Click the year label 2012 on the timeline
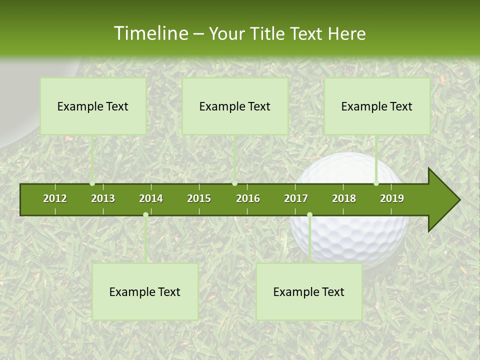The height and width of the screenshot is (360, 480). tap(55, 198)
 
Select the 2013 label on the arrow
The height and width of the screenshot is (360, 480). tap(103, 198)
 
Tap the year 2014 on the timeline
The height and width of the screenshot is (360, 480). tap(151, 198)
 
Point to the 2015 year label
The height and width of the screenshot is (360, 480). tap(199, 198)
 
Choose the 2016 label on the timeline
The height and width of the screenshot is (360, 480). tap(248, 198)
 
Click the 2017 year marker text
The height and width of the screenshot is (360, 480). tap(296, 198)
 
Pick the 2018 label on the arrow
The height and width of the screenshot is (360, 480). tap(344, 198)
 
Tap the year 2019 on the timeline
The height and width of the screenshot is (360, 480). tap(392, 198)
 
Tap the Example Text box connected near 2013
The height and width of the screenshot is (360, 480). tap(93, 106)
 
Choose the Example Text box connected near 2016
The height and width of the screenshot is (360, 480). tap(235, 106)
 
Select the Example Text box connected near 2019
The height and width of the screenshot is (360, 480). tap(377, 106)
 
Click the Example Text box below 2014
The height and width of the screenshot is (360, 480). tap(145, 291)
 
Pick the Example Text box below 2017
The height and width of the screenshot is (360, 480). tap(309, 291)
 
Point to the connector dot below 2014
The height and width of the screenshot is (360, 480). tap(145, 215)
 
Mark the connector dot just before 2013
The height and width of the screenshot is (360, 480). tap(92, 183)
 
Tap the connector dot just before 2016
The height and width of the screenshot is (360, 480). tap(234, 183)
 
